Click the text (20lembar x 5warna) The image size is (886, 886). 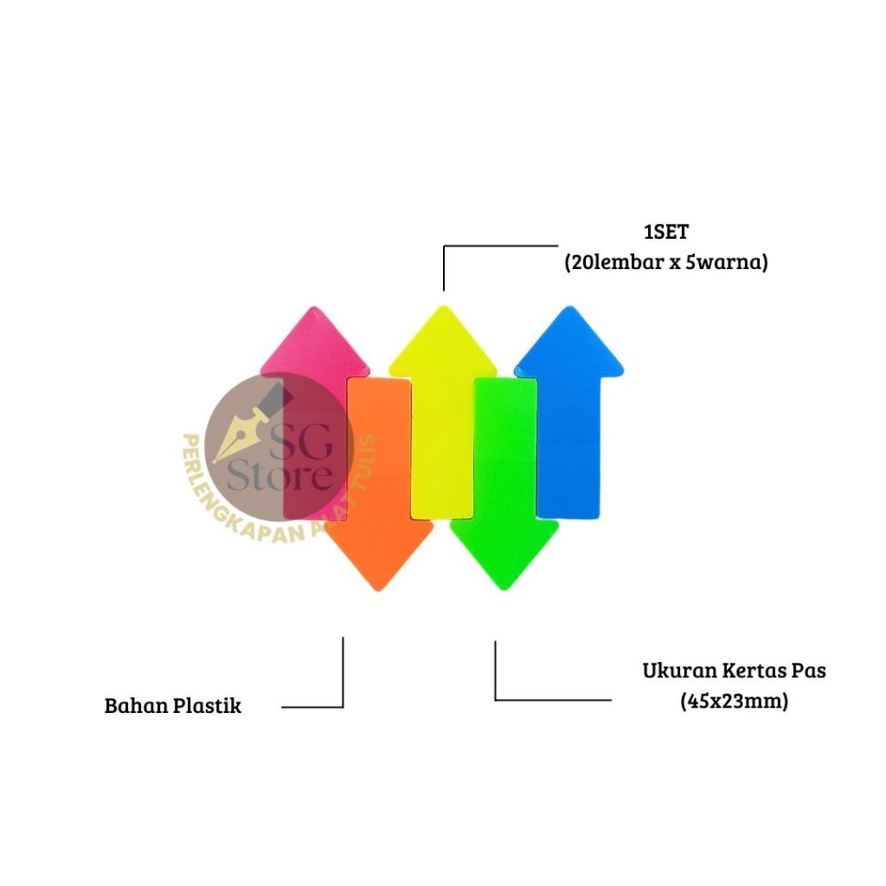665,263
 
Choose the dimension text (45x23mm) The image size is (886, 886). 734,702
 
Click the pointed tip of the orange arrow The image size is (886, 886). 377,588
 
